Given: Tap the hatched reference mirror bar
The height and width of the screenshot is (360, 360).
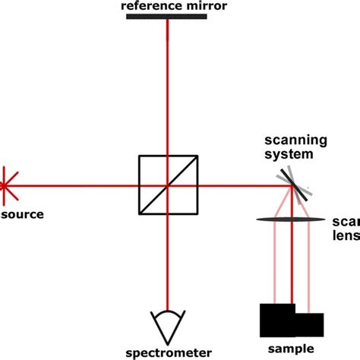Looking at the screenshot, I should tap(168, 17).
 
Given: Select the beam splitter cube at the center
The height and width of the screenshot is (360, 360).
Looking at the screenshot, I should tap(168, 185).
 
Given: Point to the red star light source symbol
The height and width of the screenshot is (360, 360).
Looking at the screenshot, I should tap(4, 185).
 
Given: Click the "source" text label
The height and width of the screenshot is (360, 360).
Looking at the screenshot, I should tap(22, 214).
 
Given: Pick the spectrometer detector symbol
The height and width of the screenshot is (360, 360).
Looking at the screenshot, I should tap(168, 324).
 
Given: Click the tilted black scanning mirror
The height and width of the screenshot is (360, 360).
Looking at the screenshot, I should tap(292, 185).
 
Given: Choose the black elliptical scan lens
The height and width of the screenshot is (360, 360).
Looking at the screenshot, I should tap(292, 219).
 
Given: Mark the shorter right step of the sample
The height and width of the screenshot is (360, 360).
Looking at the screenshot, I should tap(310, 324).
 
